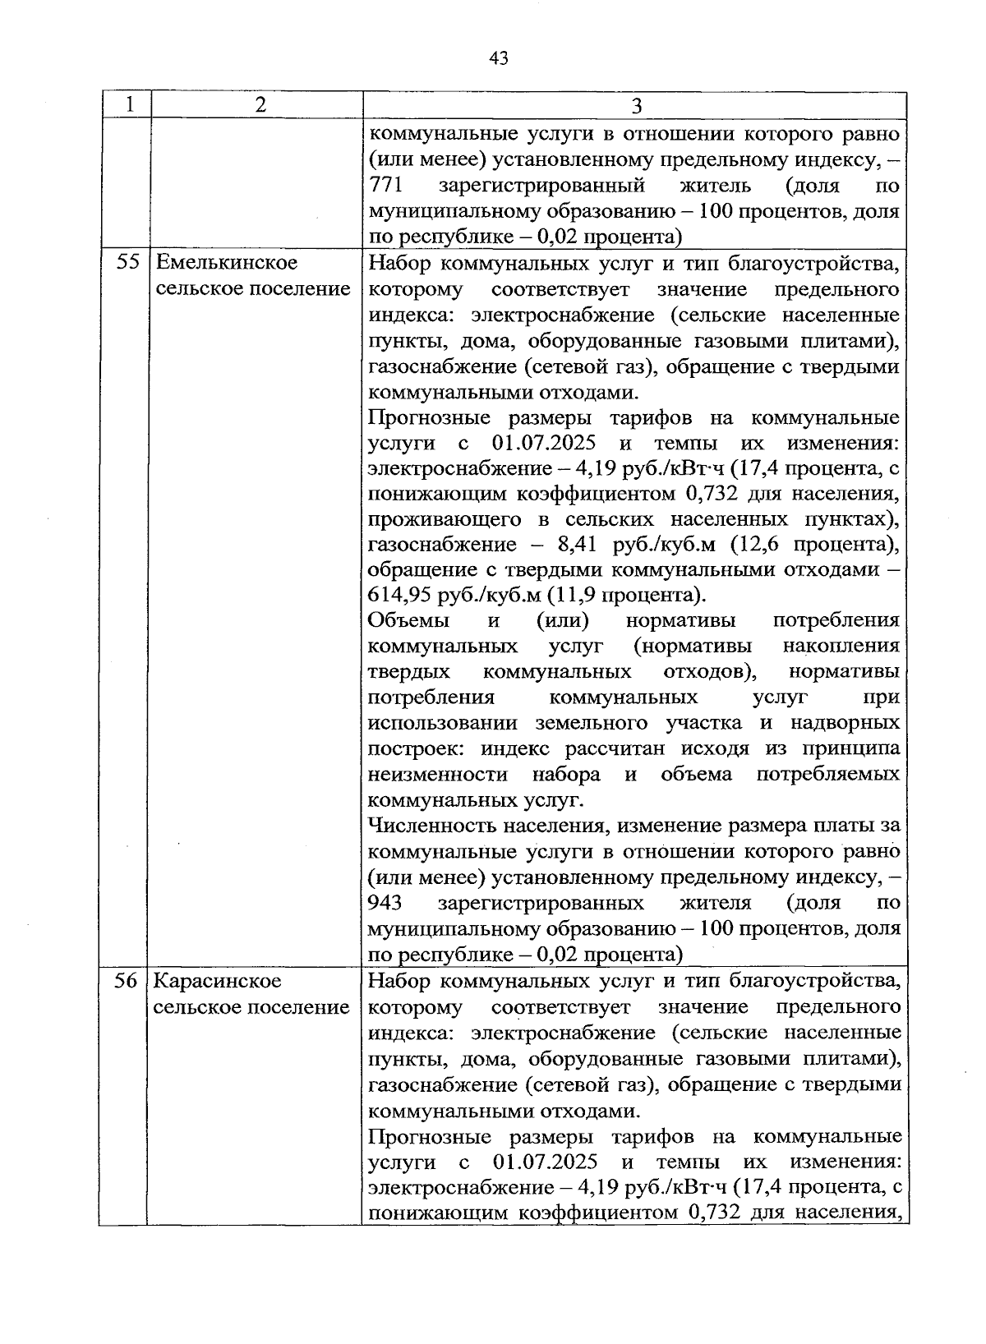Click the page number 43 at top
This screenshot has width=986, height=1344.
tap(499, 58)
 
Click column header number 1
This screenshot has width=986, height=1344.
tap(127, 106)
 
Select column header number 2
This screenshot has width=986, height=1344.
tap(260, 106)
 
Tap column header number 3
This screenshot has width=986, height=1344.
tap(636, 106)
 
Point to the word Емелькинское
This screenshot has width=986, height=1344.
tap(226, 264)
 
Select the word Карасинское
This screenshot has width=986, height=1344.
tap(218, 982)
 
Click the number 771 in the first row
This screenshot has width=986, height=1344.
tap(385, 186)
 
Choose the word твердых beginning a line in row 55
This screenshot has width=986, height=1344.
tap(409, 672)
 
